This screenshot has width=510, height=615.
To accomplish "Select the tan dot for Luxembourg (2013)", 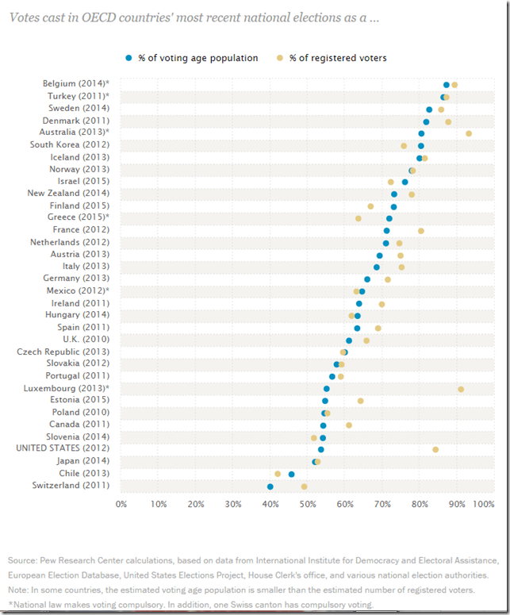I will click(461, 389).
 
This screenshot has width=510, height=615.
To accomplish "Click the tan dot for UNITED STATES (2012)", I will click(435, 449).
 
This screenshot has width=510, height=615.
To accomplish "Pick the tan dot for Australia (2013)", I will click(469, 133).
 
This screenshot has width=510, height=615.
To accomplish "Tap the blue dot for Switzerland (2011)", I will click(270, 486).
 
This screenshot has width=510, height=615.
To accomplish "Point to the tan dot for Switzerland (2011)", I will click(304, 486).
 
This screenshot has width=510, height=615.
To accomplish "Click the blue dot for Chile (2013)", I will click(291, 474).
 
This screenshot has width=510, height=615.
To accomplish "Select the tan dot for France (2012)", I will click(421, 231).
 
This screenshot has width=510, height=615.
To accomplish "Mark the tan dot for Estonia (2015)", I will click(360, 401).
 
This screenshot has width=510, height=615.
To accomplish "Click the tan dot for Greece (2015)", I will click(359, 218).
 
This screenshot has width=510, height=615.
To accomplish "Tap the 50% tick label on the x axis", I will click(308, 504).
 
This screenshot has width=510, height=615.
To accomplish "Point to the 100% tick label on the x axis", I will click(483, 504).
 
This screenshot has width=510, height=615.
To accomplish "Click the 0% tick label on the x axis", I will click(121, 504).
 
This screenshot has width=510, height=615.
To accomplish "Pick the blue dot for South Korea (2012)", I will click(421, 145).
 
